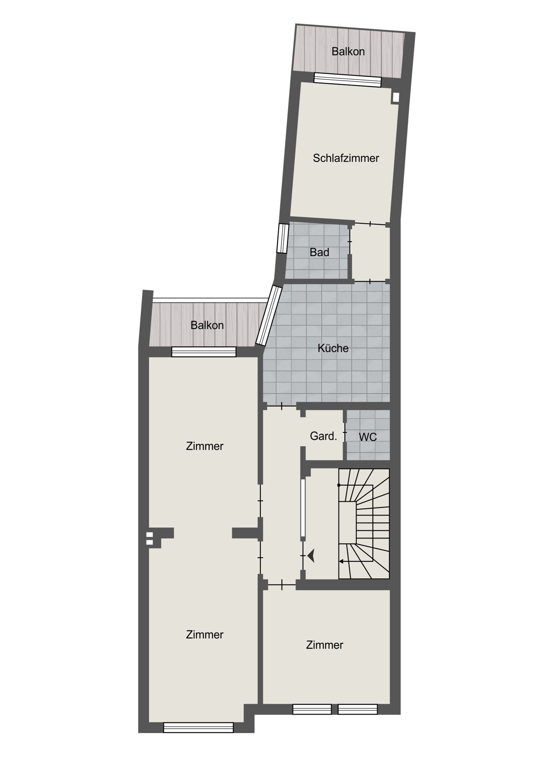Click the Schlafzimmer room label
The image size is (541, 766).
coord(346,158)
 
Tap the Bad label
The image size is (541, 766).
coord(319,252)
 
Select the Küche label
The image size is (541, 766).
coord(333,348)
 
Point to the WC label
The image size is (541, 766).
coord(368,437)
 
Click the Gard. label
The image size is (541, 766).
coord(324,436)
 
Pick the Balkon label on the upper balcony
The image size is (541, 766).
coord(348,51)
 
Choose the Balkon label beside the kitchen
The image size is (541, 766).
coord(207,325)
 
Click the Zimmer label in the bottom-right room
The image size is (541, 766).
coord(325,645)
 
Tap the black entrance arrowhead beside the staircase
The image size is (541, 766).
coord(311,556)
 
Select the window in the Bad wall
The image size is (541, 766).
coord(283,238)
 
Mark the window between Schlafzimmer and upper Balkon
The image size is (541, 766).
coord(348,80)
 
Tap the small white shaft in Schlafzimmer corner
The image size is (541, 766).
coord(396,98)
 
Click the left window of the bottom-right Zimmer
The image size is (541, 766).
coord(312,709)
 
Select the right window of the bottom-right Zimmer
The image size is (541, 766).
coord(358,709)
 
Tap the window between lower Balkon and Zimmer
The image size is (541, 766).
coord(204,352)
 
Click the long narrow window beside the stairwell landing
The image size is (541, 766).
coord(302,507)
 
